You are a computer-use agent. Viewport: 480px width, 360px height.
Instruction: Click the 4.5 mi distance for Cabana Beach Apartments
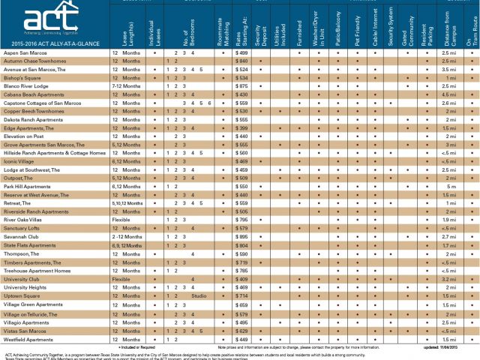point(449,94)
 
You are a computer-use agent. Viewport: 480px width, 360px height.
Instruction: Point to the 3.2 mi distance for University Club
point(449,278)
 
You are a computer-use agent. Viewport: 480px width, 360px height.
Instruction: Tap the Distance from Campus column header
point(449,26)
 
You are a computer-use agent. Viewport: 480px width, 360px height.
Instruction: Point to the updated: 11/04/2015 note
point(442,349)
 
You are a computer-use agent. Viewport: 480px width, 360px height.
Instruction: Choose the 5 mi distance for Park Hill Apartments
point(449,186)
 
